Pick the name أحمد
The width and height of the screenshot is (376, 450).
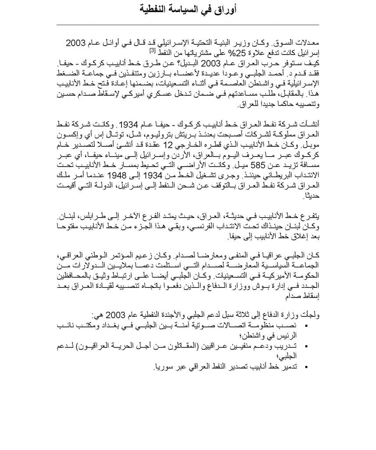[279, 74]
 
